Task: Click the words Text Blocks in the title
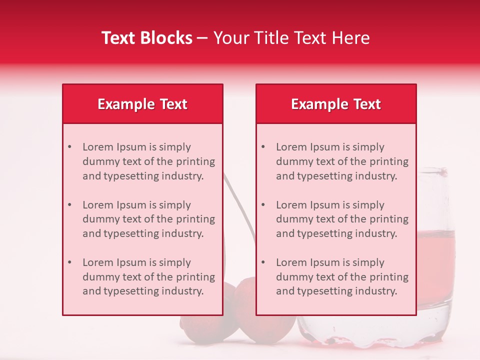(x=147, y=38)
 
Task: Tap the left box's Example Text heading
(x=142, y=104)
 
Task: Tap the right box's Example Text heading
(x=336, y=104)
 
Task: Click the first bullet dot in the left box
(x=69, y=147)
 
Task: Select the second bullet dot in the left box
(x=69, y=205)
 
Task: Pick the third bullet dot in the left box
(x=69, y=262)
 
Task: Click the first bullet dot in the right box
(x=263, y=147)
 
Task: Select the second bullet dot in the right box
(x=263, y=205)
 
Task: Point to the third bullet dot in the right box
(x=263, y=262)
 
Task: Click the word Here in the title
(x=353, y=38)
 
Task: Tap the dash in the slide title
(x=202, y=38)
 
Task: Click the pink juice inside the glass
(x=435, y=255)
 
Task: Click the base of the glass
(x=375, y=340)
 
